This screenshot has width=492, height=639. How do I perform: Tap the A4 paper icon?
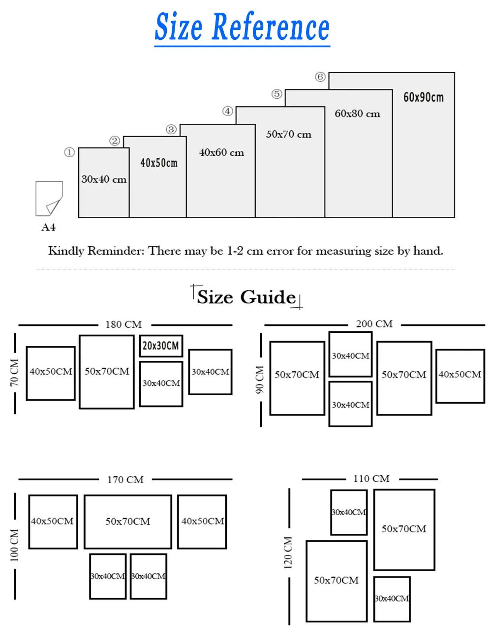point(49,199)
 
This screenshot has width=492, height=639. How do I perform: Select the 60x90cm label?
point(423,97)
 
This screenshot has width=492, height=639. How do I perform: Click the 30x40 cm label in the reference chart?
point(104,179)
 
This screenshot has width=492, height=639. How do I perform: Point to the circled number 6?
point(320,77)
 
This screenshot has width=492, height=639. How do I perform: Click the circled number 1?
point(69,152)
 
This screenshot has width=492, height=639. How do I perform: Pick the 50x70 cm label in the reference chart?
point(289,134)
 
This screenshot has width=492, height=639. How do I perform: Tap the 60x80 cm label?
point(358,114)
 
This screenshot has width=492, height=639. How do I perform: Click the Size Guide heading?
point(246,297)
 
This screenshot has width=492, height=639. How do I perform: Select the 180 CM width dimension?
point(123,324)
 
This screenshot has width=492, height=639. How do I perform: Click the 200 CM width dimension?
point(374,324)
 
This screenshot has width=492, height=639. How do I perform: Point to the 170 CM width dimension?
point(125,479)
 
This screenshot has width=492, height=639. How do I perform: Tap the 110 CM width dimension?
point(371,478)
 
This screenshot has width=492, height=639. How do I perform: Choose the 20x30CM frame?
point(161,346)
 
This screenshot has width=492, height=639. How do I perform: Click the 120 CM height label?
point(288,552)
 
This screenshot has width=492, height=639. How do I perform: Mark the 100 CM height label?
point(14,545)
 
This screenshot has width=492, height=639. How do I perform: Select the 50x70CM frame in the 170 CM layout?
point(128,522)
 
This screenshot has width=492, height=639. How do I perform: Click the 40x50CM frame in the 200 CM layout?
point(460,376)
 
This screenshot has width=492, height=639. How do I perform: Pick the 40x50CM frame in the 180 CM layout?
point(51,373)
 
